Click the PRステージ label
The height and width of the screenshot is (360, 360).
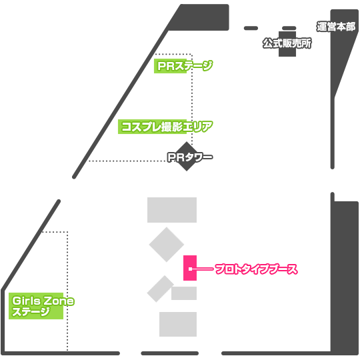tap(185, 66)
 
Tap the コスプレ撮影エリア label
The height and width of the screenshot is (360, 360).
tap(167, 127)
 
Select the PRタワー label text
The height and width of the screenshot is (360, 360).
tap(190, 157)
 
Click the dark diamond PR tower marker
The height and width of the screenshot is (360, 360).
tap(187, 157)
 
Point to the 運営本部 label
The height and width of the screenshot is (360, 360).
tap(336, 27)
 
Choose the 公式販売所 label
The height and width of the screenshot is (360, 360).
tap(287, 43)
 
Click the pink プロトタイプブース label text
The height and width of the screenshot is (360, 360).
tap(256, 269)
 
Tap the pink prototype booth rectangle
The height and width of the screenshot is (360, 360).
tap(190, 268)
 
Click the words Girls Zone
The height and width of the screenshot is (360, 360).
tap(43, 301)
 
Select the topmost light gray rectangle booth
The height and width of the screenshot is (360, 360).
tap(172, 210)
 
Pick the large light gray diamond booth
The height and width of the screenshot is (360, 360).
tap(167, 245)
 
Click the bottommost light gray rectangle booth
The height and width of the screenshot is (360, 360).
tap(178, 324)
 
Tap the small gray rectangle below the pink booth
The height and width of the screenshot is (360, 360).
tap(184, 293)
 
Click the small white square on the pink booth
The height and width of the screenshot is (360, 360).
tap(190, 269)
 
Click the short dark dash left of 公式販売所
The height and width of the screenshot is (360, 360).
tap(251, 28)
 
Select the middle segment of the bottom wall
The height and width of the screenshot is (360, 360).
tap(170, 353)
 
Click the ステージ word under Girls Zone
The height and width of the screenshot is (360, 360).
tap(31, 311)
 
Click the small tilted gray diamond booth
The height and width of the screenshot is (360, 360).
tap(160, 289)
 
